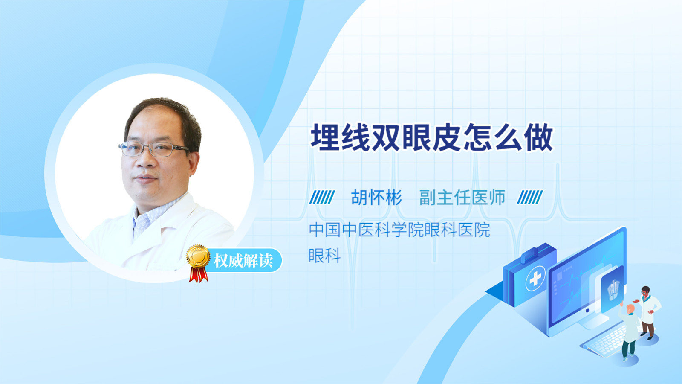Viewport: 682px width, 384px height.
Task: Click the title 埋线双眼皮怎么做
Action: click(432, 137)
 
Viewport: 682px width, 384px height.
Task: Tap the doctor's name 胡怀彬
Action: click(377, 198)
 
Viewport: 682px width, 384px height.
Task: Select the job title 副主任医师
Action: click(462, 198)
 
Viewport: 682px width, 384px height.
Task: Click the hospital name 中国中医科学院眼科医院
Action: click(399, 230)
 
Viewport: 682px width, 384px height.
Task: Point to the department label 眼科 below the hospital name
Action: click(324, 256)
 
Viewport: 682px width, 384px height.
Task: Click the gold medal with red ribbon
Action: click(198, 263)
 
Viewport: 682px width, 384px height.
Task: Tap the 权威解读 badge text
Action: click(243, 261)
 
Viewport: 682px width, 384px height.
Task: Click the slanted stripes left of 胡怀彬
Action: click(322, 197)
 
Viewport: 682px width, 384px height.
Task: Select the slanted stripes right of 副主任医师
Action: click(530, 197)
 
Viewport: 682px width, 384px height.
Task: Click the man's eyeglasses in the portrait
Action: click(154, 149)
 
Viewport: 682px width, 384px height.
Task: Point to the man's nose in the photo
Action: click(144, 160)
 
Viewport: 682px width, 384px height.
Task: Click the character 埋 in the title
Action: click(326, 137)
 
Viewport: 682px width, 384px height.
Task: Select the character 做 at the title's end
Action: click(539, 137)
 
